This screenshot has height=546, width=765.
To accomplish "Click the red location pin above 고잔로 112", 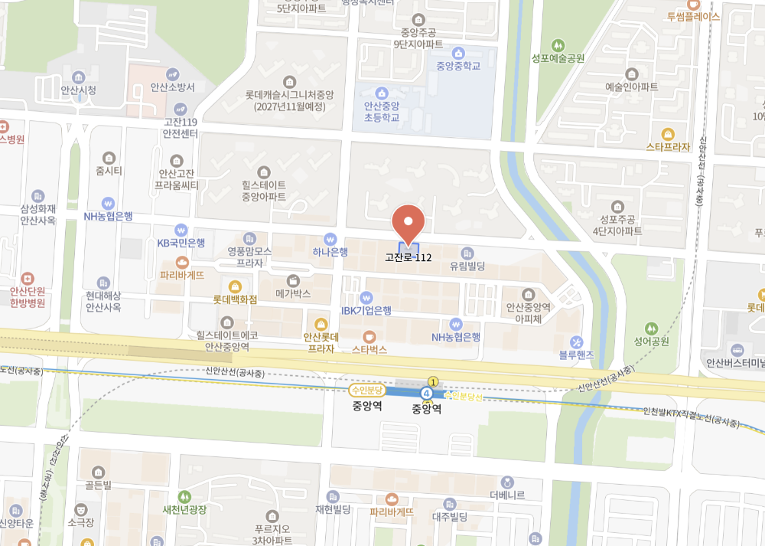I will pos(408,222).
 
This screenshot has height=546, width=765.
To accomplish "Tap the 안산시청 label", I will pos(79,90).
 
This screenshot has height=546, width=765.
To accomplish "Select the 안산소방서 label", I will pos(173,87).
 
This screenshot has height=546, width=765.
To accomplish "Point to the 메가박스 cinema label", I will pos(292,293).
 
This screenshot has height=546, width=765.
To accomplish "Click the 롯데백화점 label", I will pos(235,299).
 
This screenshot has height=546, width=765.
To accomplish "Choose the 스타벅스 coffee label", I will pos(369,348).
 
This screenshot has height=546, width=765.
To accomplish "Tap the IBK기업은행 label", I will pos(366,310).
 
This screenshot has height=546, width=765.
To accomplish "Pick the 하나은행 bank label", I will pos(330,251).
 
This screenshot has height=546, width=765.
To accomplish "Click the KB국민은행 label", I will pos(181,242).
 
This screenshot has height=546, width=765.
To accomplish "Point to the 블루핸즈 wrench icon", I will pos(577,342).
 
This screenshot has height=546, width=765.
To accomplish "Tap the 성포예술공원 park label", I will pos(558,57).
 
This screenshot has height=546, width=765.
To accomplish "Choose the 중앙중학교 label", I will pos(458,65).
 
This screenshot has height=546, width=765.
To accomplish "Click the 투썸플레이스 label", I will pos(693,15).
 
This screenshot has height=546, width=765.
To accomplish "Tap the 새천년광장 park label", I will pos(184,508).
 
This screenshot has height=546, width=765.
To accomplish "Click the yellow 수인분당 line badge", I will pos(368,390).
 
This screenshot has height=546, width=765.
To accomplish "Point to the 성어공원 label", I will pos(651,341).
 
